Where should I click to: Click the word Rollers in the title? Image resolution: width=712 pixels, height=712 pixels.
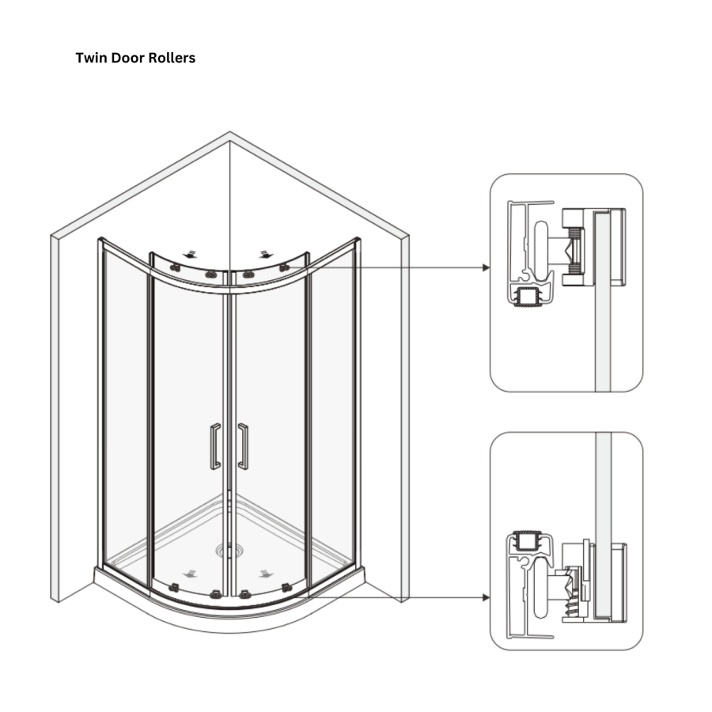[x=172, y=59]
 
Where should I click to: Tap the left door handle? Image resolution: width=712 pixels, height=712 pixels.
[x=215, y=447]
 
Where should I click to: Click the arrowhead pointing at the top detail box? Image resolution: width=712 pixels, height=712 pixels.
[x=486, y=267]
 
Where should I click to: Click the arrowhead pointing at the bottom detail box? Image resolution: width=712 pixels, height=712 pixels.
[x=486, y=597]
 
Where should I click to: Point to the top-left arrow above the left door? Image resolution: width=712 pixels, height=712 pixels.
[x=190, y=255]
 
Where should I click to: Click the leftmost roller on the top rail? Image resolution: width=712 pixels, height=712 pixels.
[x=176, y=269]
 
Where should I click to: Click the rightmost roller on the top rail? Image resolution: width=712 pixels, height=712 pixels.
[x=283, y=269]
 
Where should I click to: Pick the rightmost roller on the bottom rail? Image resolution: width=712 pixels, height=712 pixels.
[x=286, y=587]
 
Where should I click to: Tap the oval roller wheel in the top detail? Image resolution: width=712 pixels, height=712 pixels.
[x=540, y=248]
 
